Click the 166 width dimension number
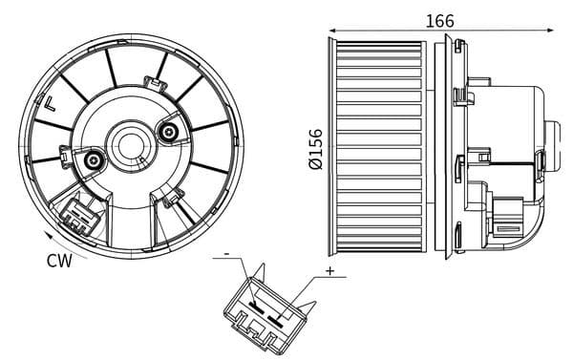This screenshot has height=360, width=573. pyautogui.click(x=440, y=20)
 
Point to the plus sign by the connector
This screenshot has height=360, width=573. pyautogui.click(x=329, y=272)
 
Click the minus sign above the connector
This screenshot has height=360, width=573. pyautogui.click(x=227, y=254)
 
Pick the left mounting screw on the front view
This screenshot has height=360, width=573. pyautogui.click(x=94, y=160)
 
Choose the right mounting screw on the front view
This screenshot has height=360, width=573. pyautogui.click(x=169, y=131)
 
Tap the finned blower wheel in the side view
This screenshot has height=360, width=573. pyautogui.click(x=380, y=147)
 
